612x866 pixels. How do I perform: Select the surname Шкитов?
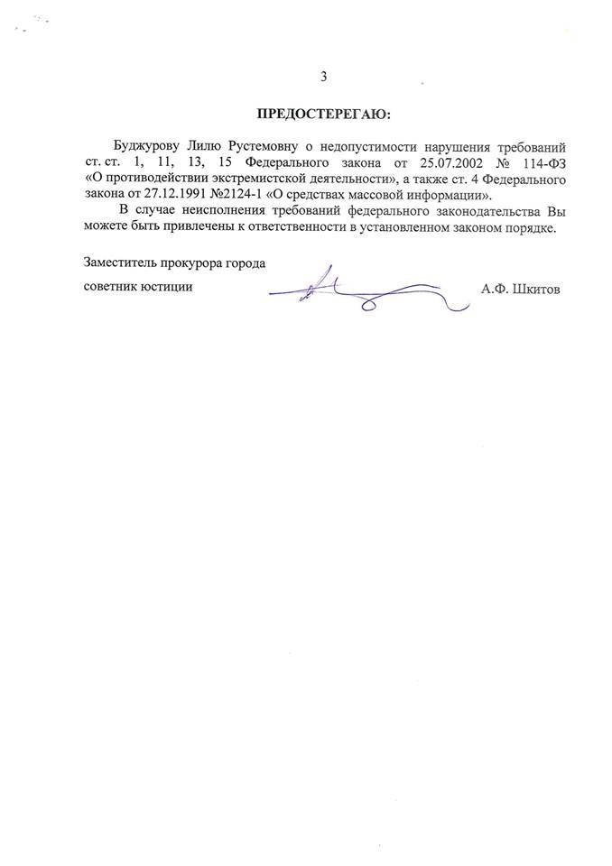pos(536,290)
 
